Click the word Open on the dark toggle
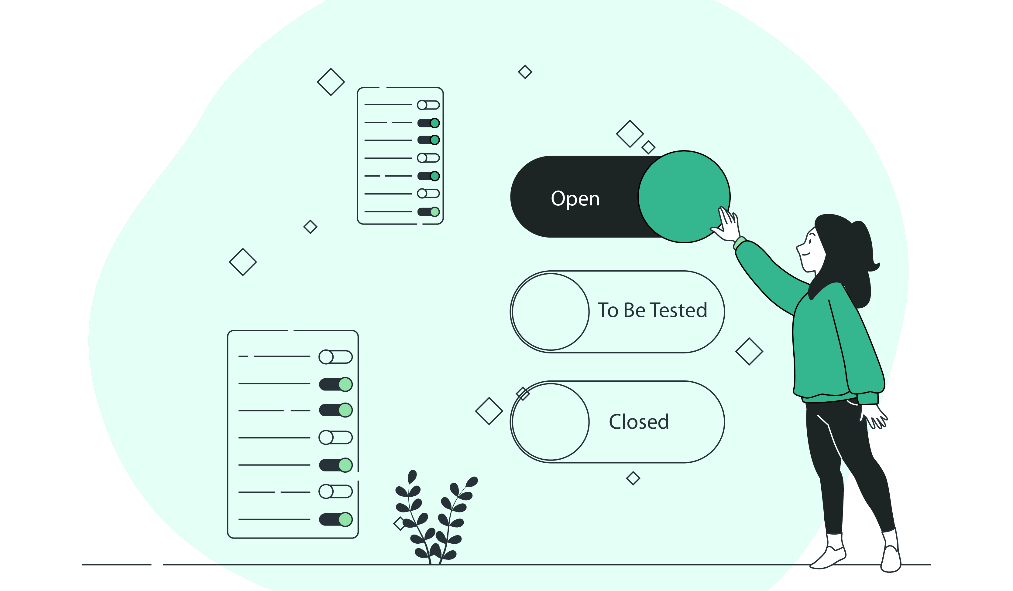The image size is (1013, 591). tap(575, 199)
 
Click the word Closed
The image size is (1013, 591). tap(639, 422)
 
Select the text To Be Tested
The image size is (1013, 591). tap(652, 310)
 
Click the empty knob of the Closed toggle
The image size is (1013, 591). tap(551, 422)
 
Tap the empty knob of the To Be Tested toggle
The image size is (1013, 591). tap(551, 312)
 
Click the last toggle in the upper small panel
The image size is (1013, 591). tap(428, 211)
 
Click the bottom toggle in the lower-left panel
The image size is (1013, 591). tap(336, 519)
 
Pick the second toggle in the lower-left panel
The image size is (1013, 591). tap(336, 384)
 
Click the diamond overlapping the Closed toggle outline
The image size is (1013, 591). tap(523, 393)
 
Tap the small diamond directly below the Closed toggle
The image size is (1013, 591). tap(633, 478)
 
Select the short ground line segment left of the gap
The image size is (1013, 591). tap(117, 565)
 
